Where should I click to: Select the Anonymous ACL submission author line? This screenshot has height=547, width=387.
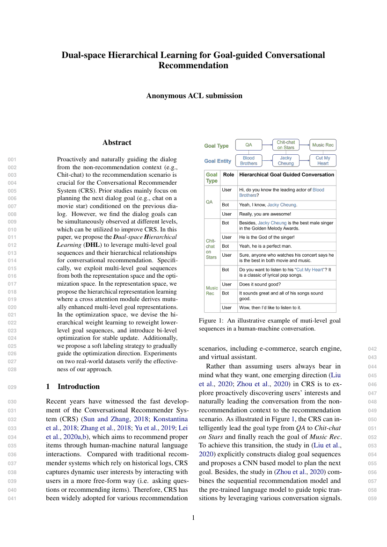click(194, 96)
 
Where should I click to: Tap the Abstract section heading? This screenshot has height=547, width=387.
click(117, 143)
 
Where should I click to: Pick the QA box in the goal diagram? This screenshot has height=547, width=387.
click(248, 145)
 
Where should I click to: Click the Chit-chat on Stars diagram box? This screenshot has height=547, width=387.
click(285, 145)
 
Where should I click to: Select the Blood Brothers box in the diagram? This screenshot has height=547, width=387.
click(248, 161)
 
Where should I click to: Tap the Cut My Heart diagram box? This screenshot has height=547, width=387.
click(322, 161)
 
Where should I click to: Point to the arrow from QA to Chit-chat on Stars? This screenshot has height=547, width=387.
click(267, 145)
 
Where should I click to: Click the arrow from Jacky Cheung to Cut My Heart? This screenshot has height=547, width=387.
click(304, 161)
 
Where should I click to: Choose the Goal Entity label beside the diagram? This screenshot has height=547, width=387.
click(218, 161)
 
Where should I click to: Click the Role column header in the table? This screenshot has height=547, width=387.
click(228, 174)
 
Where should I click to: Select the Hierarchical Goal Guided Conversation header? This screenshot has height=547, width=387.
click(286, 174)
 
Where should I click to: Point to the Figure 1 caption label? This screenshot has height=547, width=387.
click(212, 320)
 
